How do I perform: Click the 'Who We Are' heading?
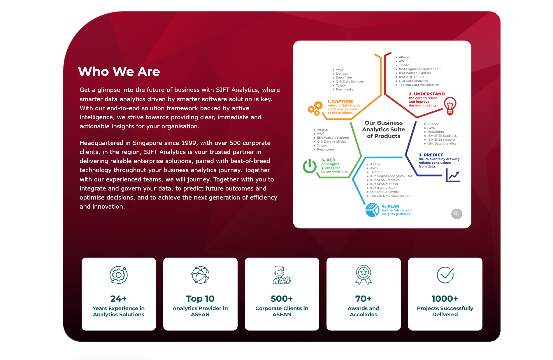pyautogui.click(x=119, y=71)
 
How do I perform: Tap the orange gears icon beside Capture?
pyautogui.click(x=315, y=108)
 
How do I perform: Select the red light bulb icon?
pyautogui.click(x=450, y=106)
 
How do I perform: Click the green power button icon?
pyautogui.click(x=310, y=166)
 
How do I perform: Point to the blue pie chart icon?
pyautogui.click(x=372, y=210)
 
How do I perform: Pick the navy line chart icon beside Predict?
pyautogui.click(x=453, y=176)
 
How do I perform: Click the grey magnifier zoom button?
pyautogui.click(x=457, y=214)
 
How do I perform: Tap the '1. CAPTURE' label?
pyautogui.click(x=340, y=101)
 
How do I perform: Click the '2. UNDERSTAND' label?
pyautogui.click(x=427, y=94)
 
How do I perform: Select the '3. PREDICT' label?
pyautogui.click(x=431, y=155)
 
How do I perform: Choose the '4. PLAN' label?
pyautogui.click(x=391, y=206)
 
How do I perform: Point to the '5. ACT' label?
pyautogui.click(x=328, y=160)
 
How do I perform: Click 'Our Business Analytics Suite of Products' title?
pyautogui.click(x=384, y=130)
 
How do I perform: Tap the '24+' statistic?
pyautogui.click(x=119, y=298)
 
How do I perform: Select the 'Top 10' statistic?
pyautogui.click(x=200, y=298)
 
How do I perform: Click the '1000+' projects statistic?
pyautogui.click(x=445, y=298)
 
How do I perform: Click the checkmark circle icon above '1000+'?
pyautogui.click(x=445, y=275)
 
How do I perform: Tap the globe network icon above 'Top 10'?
pyautogui.click(x=201, y=275)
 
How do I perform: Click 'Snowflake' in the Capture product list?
pyautogui.click(x=344, y=78)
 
